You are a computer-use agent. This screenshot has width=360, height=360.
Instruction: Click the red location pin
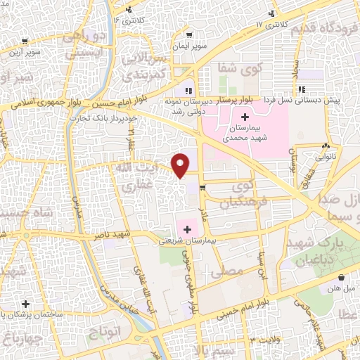[181, 165]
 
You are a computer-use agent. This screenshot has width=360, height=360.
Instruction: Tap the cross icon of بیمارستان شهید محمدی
[245, 116]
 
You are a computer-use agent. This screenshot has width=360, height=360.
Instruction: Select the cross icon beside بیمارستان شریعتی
[187, 229]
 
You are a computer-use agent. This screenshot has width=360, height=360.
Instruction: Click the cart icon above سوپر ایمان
[189, 34]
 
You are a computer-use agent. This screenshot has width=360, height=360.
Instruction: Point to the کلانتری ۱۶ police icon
[129, 9]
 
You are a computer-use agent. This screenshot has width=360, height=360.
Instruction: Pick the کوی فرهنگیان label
[236, 195]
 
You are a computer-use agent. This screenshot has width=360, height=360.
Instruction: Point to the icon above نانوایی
[325, 147]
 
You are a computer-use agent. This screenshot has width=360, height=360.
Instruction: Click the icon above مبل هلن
[341, 278]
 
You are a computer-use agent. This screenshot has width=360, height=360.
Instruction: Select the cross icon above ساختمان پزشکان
[26, 304]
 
